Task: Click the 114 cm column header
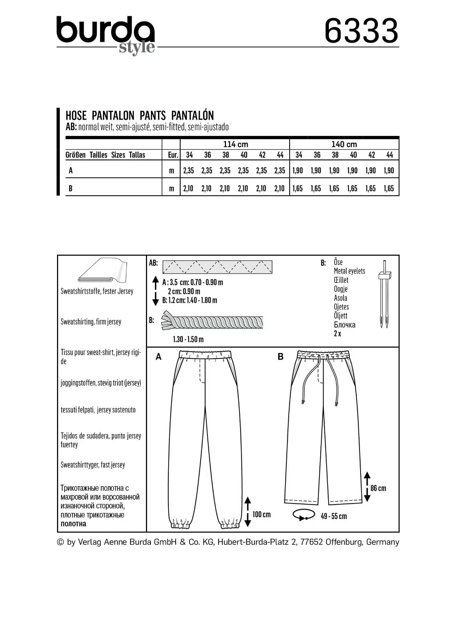[x=235, y=144]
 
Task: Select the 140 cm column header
[x=344, y=144]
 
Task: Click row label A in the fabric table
[x=71, y=170]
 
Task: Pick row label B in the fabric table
[x=71, y=188]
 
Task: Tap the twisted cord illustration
[x=212, y=322]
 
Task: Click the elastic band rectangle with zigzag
[x=217, y=267]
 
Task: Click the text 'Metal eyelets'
[x=349, y=271]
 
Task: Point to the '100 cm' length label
[x=261, y=514]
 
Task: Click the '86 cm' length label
[x=378, y=488]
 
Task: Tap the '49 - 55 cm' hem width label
[x=333, y=516]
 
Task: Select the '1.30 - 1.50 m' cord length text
[x=188, y=339]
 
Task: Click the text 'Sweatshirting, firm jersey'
[x=91, y=322]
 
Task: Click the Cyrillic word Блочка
[x=345, y=325]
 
